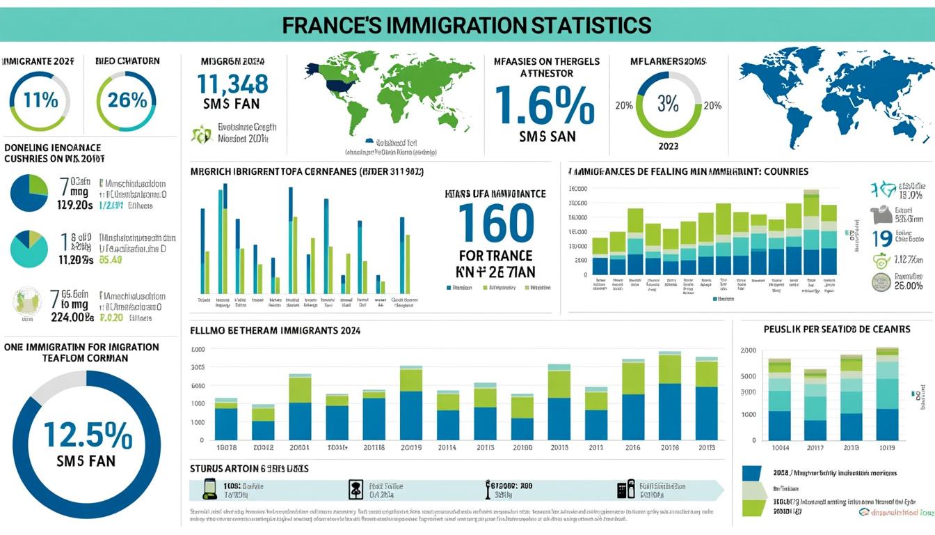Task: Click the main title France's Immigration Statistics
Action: [x=467, y=25]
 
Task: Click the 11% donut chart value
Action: [x=40, y=100]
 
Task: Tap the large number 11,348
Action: [x=232, y=84]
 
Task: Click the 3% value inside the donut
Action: [x=668, y=104]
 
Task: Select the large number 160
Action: [x=497, y=222]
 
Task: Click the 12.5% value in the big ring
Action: [x=88, y=435]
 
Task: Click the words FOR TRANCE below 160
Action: [x=496, y=256]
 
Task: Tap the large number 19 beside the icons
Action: [x=882, y=239]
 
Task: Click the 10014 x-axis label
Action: [x=779, y=448]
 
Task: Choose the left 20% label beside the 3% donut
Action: [x=623, y=106]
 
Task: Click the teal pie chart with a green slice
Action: [x=29, y=249]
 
